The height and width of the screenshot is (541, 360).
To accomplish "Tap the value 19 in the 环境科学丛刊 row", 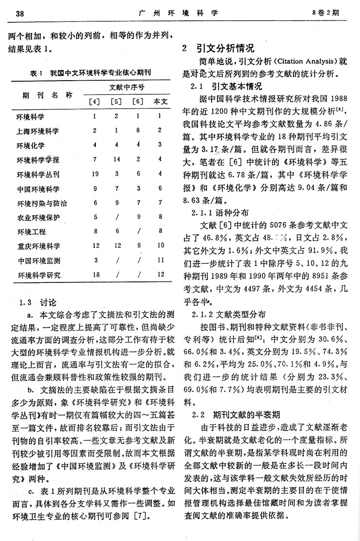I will pyautogui.click(x=95, y=174).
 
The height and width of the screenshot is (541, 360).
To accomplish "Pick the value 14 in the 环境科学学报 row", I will pyautogui.click(x=117, y=159).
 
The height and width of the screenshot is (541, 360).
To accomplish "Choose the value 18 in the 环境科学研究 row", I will pyautogui.click(x=95, y=275).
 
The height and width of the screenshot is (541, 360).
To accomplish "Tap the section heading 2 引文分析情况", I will pyautogui.click(x=217, y=49).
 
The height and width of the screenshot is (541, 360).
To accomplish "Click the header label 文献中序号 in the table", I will pyautogui.click(x=128, y=87).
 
